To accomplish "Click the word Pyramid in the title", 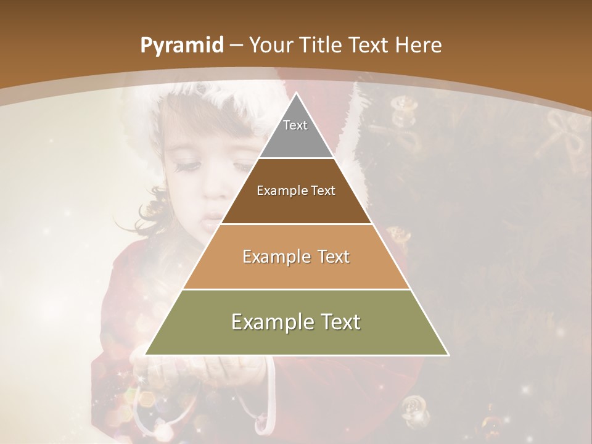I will pyautogui.click(x=181, y=46).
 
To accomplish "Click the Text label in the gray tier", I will pyautogui.click(x=295, y=125).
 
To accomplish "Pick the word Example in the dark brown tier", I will pyautogui.click(x=281, y=191).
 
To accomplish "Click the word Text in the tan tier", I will pyautogui.click(x=334, y=257).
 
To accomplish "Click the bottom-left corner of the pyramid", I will pyautogui.click(x=146, y=355).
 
